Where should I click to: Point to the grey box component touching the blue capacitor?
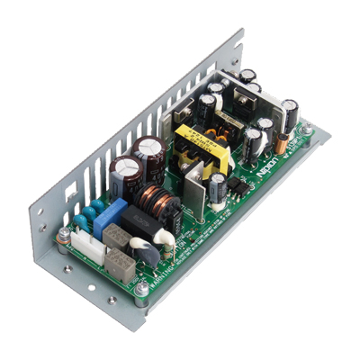pyautogui.click(x=117, y=236)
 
